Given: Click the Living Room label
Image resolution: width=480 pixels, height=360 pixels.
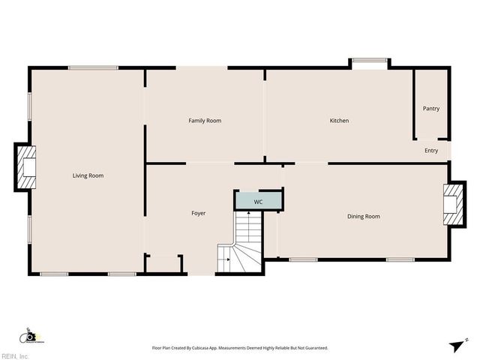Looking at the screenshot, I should (x=88, y=175).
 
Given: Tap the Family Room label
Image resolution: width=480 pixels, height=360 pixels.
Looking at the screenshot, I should (x=204, y=121).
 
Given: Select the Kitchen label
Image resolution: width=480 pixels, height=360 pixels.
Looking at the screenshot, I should (x=339, y=121).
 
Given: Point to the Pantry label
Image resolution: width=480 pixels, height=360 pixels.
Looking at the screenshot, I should (x=431, y=109).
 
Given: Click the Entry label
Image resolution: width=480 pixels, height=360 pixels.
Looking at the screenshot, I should (x=431, y=151).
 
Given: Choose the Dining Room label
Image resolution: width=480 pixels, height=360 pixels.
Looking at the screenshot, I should (x=363, y=217).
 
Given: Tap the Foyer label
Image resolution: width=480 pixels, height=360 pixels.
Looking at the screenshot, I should (x=198, y=214).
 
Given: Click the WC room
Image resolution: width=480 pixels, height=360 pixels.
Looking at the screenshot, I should (x=258, y=201).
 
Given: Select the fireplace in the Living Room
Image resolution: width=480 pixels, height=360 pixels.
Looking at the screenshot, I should (x=26, y=166).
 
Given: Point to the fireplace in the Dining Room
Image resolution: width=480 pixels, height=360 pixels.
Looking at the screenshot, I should (x=451, y=205).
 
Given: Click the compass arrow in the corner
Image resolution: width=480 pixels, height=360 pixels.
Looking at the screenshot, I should (x=457, y=345).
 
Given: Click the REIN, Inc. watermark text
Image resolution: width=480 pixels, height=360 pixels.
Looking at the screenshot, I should (x=15, y=355).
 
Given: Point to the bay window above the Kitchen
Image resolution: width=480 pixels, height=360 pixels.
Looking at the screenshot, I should (x=369, y=62).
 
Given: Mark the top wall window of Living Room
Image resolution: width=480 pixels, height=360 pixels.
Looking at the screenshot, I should (x=93, y=68).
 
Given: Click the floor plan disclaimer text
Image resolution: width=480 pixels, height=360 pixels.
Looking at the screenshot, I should (x=240, y=348).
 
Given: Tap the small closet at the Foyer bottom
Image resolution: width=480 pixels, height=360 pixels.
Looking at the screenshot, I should (x=164, y=265).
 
